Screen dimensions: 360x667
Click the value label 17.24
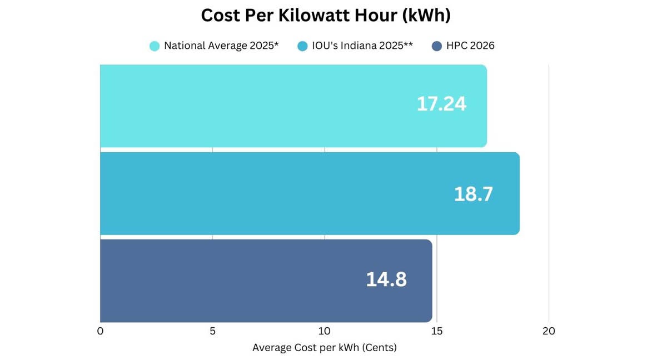click(441, 104)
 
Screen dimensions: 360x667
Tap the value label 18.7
click(474, 194)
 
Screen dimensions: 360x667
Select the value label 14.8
click(386, 279)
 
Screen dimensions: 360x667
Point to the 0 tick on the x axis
click(100, 331)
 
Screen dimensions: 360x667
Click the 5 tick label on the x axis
click(212, 331)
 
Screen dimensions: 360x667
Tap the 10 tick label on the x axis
click(325, 331)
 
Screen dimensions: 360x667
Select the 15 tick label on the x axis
click(437, 331)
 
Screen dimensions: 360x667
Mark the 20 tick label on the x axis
click(549, 331)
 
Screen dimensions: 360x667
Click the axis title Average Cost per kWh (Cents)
click(325, 348)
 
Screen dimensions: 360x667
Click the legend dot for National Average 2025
click(155, 46)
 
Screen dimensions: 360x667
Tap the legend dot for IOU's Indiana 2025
click(302, 46)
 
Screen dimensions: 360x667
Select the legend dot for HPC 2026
click(437, 46)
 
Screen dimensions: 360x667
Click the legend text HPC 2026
click(470, 46)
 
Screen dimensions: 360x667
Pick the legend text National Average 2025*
click(221, 46)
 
